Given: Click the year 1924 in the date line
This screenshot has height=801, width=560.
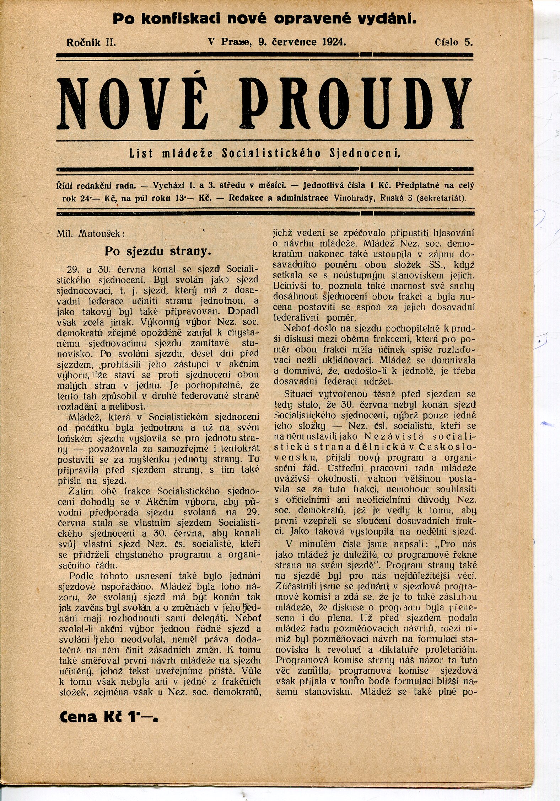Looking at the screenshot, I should tap(334, 42).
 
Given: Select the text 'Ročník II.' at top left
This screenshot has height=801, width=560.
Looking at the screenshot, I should tap(91, 43).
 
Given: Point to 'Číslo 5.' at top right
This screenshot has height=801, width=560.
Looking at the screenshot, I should tap(454, 42).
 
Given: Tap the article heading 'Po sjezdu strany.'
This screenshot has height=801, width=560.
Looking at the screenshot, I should tap(158, 251).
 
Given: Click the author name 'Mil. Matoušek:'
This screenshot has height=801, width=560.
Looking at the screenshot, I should tap(91, 234).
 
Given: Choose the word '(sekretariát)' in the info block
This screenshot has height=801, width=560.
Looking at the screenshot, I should tap(441, 198).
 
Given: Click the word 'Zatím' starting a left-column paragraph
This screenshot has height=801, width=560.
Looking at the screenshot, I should tap(80, 491).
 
